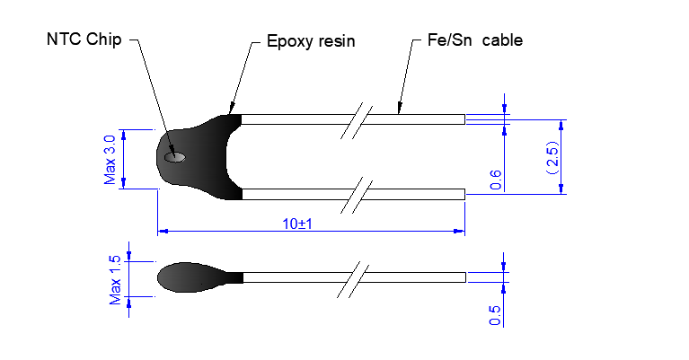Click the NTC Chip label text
click(x=84, y=40)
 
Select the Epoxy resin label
click(x=311, y=41)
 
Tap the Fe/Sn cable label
click(x=475, y=40)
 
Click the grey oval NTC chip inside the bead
click(x=175, y=157)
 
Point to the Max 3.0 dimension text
click(x=110, y=160)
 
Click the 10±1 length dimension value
click(x=297, y=224)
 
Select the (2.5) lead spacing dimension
click(x=553, y=157)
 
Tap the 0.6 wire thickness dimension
click(x=496, y=180)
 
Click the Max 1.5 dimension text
click(x=115, y=280)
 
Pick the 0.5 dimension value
click(x=495, y=315)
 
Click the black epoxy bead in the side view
click(x=200, y=277)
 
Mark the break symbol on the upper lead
click(x=357, y=120)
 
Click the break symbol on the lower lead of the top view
click(x=357, y=196)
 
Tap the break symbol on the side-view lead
click(x=353, y=280)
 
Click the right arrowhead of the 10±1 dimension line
click(x=459, y=231)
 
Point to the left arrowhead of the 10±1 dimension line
click(x=163, y=231)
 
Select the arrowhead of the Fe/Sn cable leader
click(x=400, y=108)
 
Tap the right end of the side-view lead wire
click(x=465, y=277)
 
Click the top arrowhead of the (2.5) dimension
click(x=561, y=125)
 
